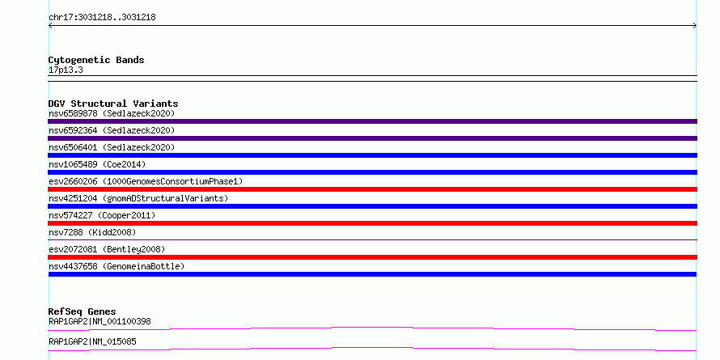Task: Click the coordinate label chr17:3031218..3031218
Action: [102, 18]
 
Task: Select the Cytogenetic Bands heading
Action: [96, 60]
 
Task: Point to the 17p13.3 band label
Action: [66, 70]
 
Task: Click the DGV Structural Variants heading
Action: [113, 104]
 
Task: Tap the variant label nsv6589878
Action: [73, 113]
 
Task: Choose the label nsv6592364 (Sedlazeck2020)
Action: [112, 130]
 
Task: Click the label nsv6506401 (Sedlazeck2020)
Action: [112, 147]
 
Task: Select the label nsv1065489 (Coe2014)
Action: [97, 164]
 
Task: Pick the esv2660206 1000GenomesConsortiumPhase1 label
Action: [146, 181]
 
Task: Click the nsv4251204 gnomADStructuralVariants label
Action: [138, 198]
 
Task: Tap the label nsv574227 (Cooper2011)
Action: [102, 215]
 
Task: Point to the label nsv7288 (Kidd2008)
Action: [92, 232]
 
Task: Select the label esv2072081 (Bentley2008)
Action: [107, 249]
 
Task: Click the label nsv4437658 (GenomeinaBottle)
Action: [116, 266]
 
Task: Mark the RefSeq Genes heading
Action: [83, 311]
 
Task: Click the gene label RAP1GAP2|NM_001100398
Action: [100, 321]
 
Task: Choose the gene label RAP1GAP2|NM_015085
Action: [92, 341]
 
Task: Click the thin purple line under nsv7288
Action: [372, 239]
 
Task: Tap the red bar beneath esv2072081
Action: [372, 257]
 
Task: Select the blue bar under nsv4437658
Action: [372, 274]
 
